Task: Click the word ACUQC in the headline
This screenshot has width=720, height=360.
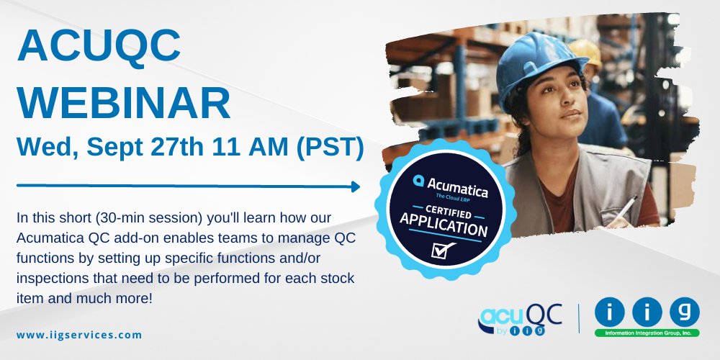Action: pyautogui.click(x=99, y=46)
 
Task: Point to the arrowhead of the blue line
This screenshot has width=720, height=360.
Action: pyautogui.click(x=355, y=186)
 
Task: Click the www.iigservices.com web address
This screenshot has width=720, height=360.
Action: pyautogui.click(x=79, y=335)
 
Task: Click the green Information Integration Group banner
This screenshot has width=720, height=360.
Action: pyautogui.click(x=647, y=333)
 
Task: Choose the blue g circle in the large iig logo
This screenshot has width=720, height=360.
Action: pyautogui.click(x=683, y=312)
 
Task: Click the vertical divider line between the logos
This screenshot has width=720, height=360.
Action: pyautogui.click(x=580, y=318)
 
